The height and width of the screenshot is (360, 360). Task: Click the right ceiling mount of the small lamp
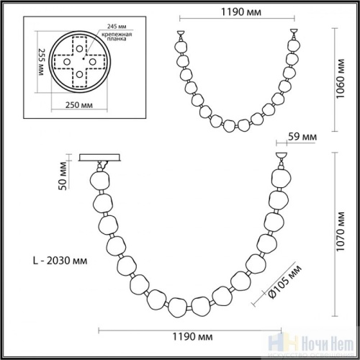point(294,32)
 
